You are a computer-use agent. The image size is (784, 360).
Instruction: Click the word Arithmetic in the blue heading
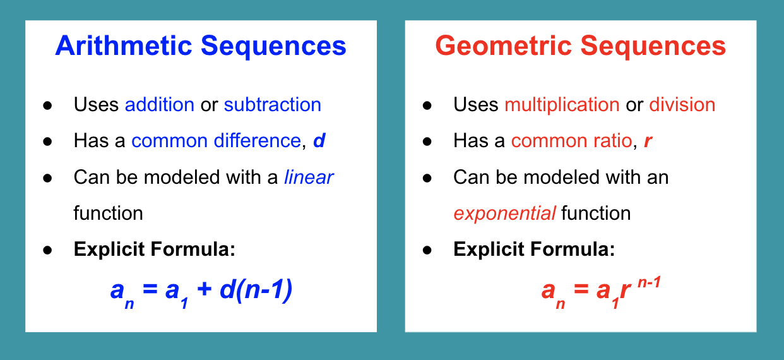124,46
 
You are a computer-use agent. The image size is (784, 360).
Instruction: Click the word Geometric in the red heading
504,46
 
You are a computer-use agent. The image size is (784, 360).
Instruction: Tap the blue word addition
160,104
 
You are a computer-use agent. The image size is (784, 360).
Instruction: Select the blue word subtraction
273,104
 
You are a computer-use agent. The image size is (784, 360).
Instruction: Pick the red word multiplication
562,105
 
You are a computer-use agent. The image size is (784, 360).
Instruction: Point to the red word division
682,104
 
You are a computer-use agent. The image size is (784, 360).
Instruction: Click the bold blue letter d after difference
319,140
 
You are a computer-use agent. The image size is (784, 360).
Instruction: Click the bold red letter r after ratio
648,141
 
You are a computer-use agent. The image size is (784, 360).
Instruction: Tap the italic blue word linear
309,177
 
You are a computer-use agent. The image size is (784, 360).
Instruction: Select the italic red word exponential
504,213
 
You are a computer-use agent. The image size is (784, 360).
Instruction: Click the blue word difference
258,140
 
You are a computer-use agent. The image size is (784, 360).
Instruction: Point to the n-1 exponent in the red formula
650,282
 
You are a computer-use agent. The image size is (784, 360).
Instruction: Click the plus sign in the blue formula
205,289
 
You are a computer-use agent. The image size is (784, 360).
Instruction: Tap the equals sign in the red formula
581,289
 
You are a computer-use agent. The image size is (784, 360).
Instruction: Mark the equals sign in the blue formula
150,289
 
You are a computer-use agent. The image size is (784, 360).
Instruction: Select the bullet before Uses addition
47,105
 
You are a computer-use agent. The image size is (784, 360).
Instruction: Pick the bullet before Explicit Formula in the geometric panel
427,250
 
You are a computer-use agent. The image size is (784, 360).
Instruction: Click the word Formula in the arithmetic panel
193,249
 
